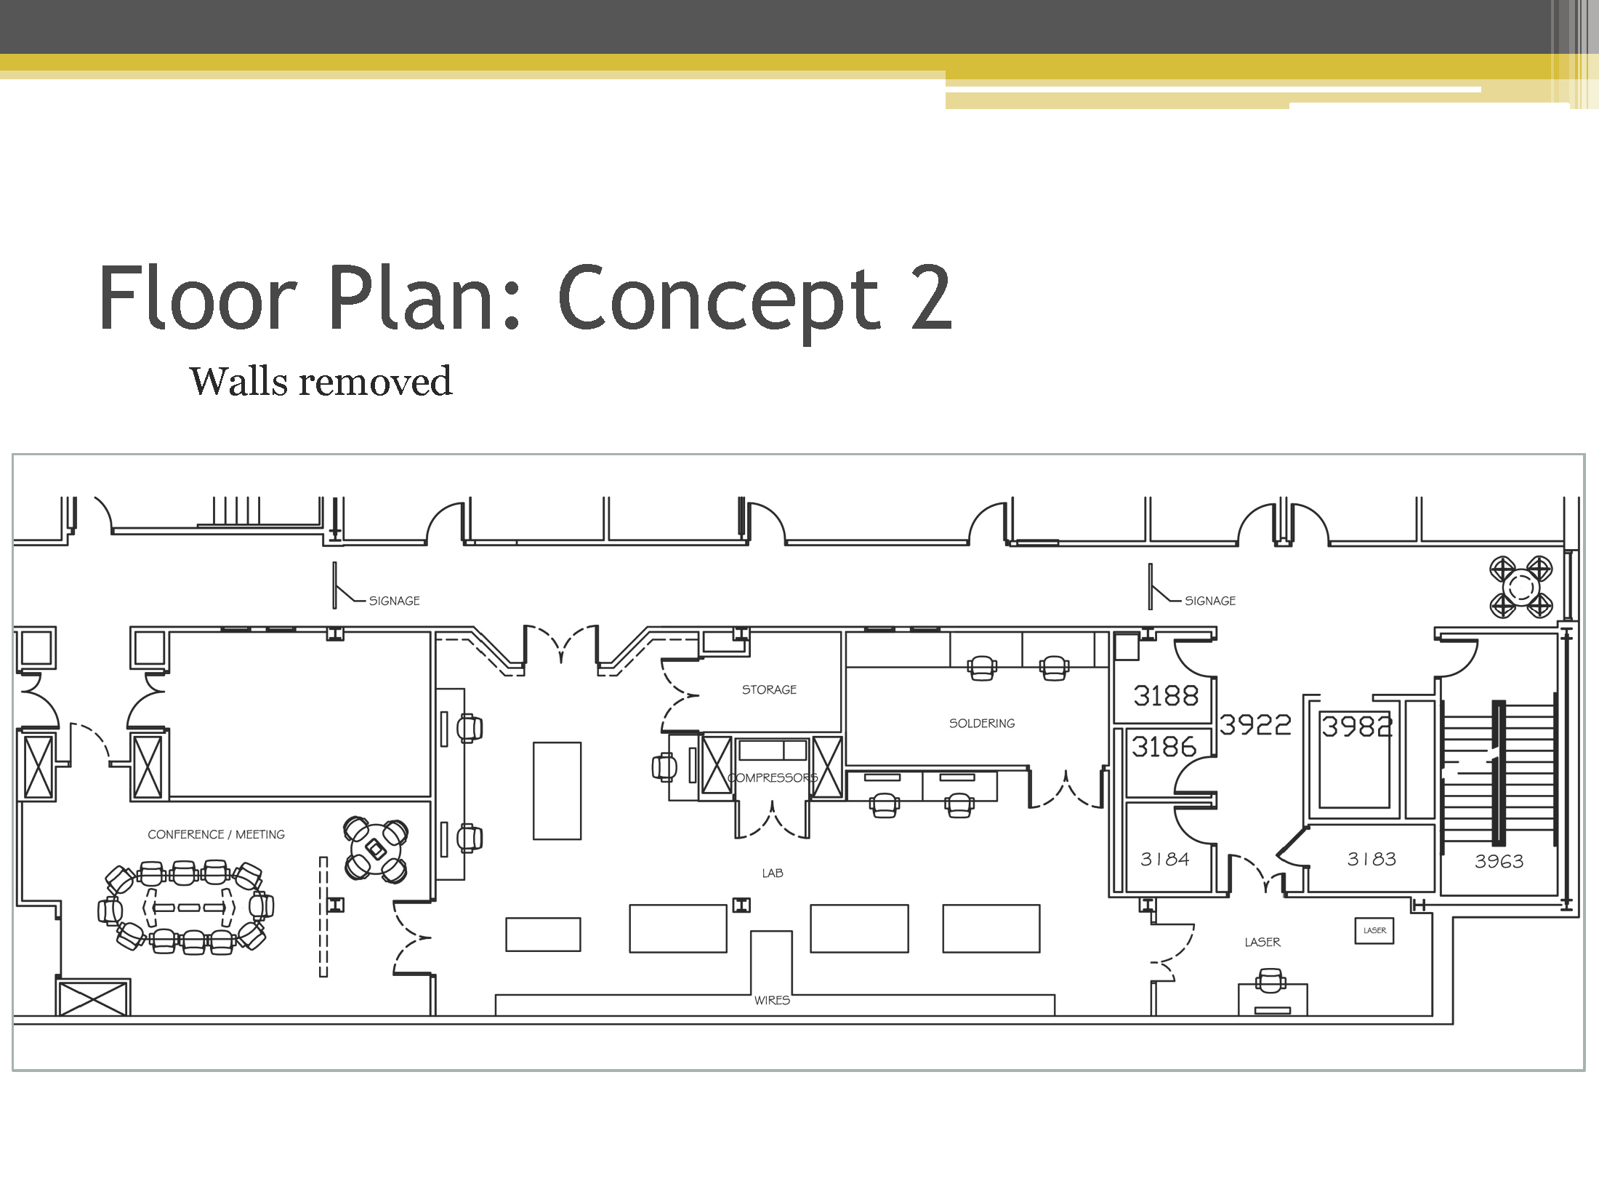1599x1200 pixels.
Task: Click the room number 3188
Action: tap(1166, 696)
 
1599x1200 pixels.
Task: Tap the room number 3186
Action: tap(1164, 747)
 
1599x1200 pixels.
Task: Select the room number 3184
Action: tap(1165, 860)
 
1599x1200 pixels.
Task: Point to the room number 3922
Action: tap(1255, 724)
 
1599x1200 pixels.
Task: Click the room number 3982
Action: tap(1356, 727)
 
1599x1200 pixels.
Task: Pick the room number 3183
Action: tap(1372, 860)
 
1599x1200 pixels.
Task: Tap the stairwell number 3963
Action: tap(1499, 862)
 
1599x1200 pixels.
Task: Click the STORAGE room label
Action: tap(769, 689)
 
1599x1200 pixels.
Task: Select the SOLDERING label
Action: tap(982, 723)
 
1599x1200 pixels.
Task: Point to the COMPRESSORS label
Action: tap(773, 777)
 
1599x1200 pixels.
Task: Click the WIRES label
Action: tap(772, 1000)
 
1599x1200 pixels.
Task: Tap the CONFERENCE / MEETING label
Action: tap(216, 834)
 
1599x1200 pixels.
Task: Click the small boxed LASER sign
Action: tap(1374, 931)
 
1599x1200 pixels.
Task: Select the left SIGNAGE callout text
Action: tap(394, 601)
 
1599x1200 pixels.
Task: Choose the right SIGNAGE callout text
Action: tap(1210, 601)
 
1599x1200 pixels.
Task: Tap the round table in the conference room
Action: tap(376, 848)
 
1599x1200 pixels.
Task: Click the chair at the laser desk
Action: tap(1270, 980)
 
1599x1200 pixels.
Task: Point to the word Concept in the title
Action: tap(720, 298)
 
